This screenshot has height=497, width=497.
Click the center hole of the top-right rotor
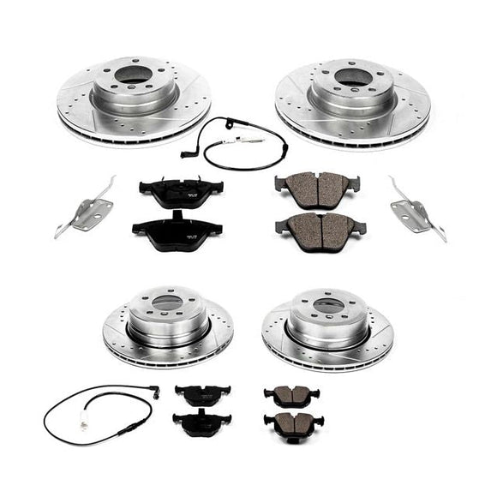(x=353, y=76)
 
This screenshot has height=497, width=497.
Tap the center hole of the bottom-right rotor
(x=327, y=304)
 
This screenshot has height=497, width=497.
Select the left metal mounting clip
(x=88, y=209)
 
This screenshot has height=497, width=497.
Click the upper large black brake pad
(x=180, y=192)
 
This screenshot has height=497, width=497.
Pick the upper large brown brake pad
(x=317, y=188)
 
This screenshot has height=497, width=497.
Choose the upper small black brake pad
(x=202, y=394)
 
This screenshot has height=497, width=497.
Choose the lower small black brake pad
(x=201, y=422)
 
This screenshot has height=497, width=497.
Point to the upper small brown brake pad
(x=291, y=395)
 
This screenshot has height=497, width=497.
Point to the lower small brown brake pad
(x=292, y=422)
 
